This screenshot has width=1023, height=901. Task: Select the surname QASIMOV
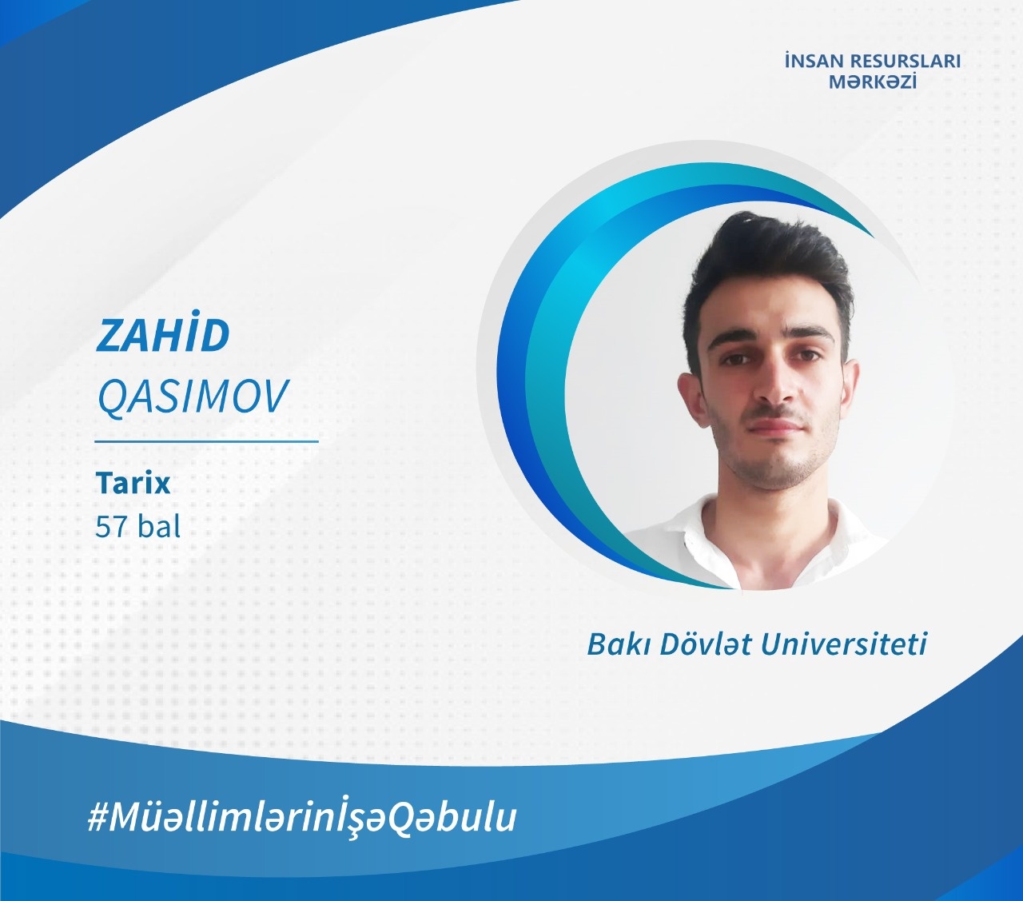(x=193, y=397)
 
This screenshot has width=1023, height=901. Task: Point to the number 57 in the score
(x=110, y=526)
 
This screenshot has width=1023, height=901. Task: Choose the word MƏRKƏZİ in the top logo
(x=873, y=82)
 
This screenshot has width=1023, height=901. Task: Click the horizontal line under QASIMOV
(x=207, y=441)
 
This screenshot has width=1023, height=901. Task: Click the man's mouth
(x=775, y=426)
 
